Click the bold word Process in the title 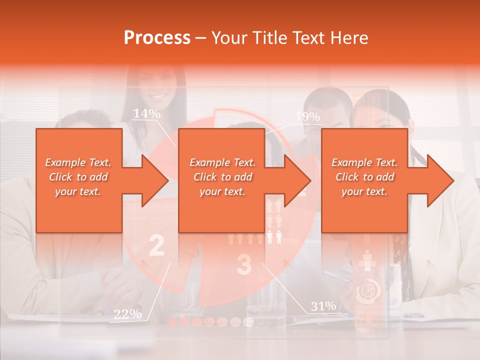(157, 38)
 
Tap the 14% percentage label (146, 114)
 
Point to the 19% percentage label (307, 117)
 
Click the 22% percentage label (127, 314)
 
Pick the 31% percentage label (323, 306)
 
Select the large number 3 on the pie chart (243, 264)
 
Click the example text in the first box (78, 177)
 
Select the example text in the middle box (222, 177)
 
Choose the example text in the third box (364, 177)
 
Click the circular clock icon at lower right (368, 291)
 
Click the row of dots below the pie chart (210, 321)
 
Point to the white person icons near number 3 (274, 220)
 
